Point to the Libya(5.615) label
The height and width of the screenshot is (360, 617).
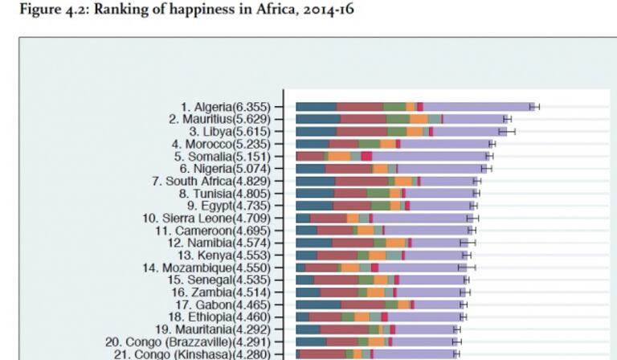coord(231,131)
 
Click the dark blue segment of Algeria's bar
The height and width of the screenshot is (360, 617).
coord(316,107)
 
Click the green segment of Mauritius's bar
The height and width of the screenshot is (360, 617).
coord(398,119)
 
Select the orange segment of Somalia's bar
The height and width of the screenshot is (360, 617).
coord(339,156)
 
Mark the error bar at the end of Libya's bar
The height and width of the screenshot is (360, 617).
coord(507,131)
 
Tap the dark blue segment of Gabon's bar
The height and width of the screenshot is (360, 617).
coord(318,305)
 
